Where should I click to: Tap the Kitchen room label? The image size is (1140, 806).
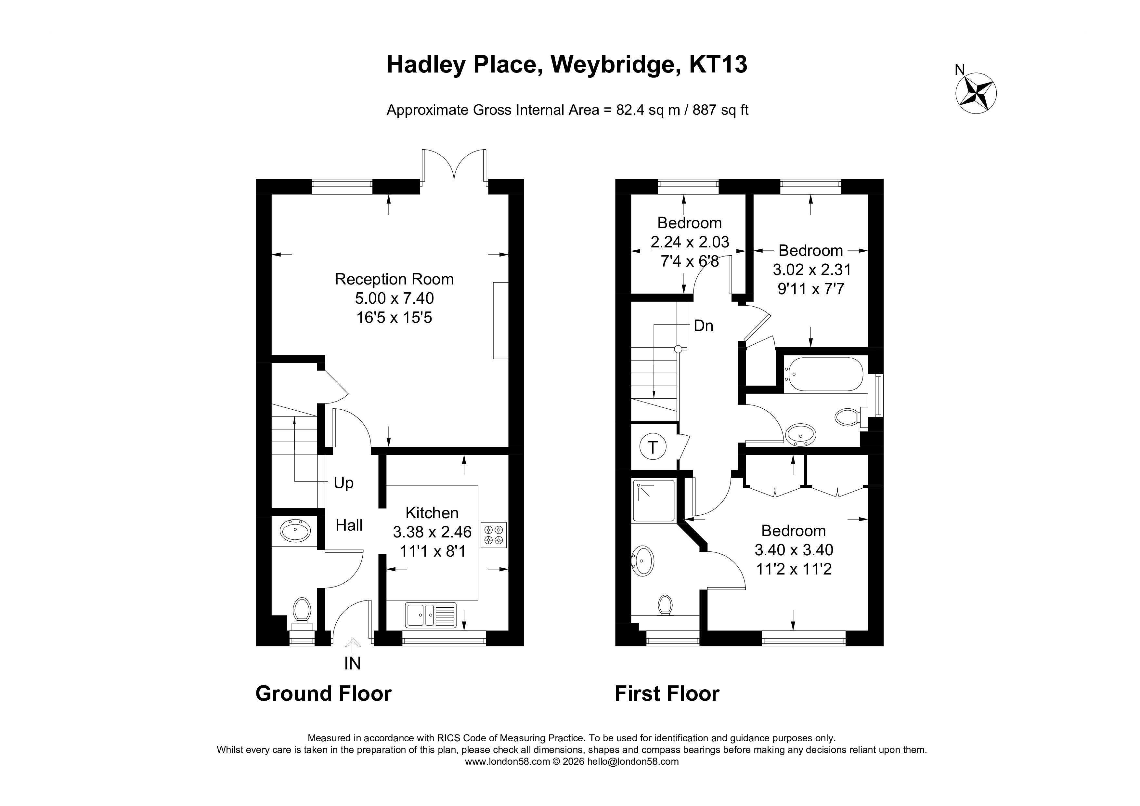432,512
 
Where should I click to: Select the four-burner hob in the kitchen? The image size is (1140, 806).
494,535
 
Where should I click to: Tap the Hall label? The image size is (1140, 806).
349,525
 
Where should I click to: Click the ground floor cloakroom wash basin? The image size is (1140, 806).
295,531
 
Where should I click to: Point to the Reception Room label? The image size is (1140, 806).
394,279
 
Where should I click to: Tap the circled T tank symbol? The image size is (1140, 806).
653,447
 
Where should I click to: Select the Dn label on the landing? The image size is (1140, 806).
703,326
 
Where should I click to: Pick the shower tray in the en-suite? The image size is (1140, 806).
654,501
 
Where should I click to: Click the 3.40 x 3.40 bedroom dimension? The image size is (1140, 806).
794,550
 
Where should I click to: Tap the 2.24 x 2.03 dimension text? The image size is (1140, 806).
690,242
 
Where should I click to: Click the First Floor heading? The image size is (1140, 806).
667,693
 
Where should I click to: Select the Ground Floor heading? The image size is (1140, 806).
323,693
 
